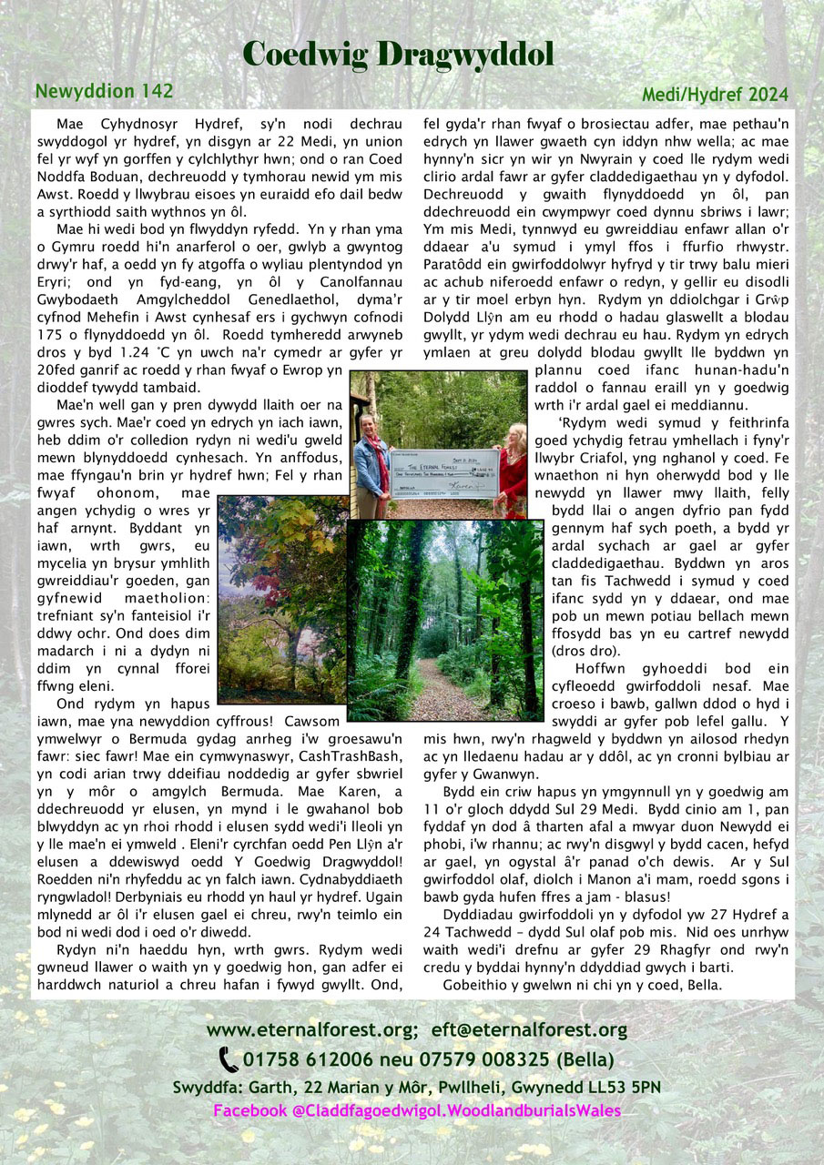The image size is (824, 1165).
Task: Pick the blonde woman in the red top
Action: click(514, 464)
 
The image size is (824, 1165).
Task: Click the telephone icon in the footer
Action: click(229, 1060)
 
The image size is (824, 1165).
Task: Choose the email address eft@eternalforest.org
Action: click(529, 1030)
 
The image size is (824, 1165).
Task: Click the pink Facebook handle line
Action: click(417, 1110)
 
